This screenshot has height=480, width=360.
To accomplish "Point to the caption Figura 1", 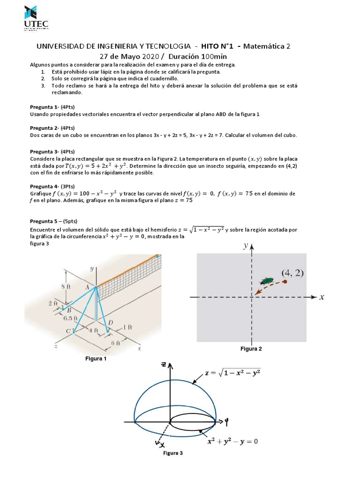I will click(95, 359).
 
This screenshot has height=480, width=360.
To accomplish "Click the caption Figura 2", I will click(251, 349).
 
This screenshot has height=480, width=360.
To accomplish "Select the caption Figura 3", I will click(173, 453).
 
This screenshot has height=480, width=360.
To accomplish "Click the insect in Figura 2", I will click(267, 281).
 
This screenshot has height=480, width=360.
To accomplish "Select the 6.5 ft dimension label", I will click(72, 317).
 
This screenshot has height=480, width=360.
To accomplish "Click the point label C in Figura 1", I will click(68, 330).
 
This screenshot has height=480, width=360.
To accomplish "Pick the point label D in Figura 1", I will click(110, 322).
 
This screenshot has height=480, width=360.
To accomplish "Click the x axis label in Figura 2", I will click(322, 297).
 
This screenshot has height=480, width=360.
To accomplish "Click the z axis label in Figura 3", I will click(164, 364).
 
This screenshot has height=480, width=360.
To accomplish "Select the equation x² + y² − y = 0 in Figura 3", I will click(233, 441).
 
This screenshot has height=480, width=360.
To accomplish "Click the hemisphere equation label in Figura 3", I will click(232, 373).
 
